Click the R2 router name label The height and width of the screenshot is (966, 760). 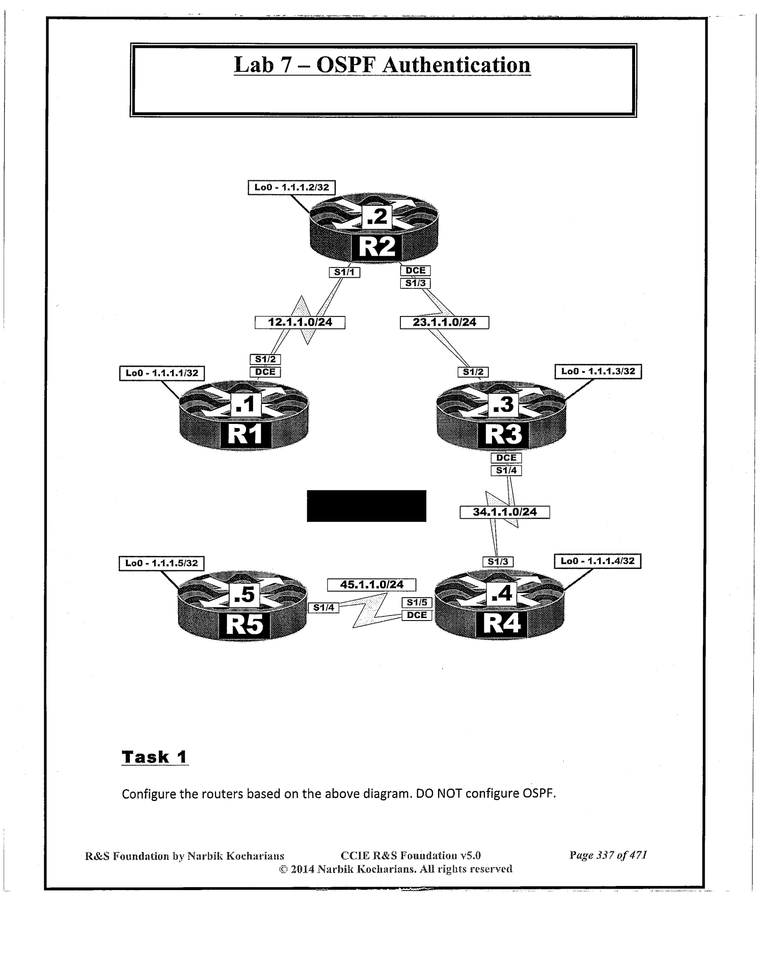coord(377,247)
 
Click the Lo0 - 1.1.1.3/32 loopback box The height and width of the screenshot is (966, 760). coord(598,371)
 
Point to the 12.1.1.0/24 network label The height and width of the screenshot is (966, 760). coord(300,323)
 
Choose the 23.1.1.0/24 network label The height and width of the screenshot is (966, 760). coord(444,323)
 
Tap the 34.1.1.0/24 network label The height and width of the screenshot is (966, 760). coord(504,512)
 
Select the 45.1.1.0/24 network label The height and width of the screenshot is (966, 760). coord(371,584)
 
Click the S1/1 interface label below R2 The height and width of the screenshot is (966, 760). coord(344,273)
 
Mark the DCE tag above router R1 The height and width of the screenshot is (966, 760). coord(265,372)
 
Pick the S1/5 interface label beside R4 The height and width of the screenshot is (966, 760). coord(417,603)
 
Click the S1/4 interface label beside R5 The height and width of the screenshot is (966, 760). coord(323,607)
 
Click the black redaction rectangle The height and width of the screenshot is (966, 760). coord(366,506)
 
